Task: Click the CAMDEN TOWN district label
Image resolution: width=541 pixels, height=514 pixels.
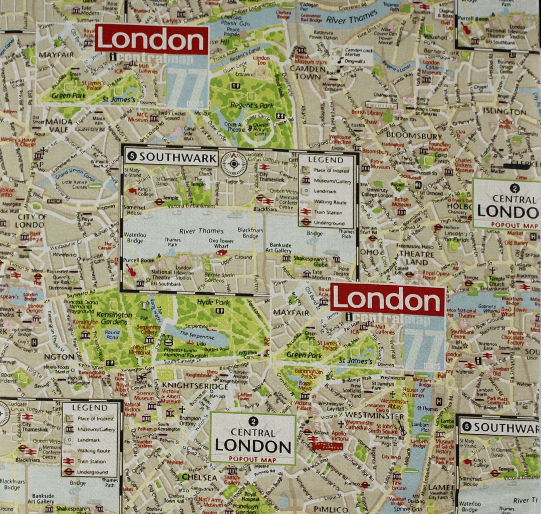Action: coord(308,72)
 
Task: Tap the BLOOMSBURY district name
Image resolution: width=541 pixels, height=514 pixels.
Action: coord(414,136)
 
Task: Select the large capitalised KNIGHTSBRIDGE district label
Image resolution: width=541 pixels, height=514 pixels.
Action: coord(195,386)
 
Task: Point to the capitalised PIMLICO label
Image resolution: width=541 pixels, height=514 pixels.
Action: coord(331,509)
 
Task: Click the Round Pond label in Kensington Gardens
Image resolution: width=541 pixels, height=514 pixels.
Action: coord(112,334)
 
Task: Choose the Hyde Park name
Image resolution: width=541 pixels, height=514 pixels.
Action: coord(213,302)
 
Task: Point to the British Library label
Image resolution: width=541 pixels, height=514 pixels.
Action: coord(367,113)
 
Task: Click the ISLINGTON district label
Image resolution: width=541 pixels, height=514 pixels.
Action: coord(504,111)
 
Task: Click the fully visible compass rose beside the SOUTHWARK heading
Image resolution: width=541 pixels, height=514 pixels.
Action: coord(234,163)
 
